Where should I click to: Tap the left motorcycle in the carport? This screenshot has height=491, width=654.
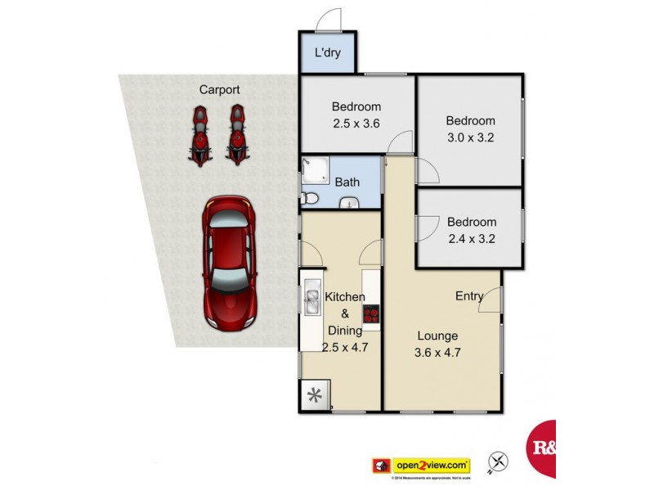[199, 134]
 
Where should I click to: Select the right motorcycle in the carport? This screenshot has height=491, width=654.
[237, 134]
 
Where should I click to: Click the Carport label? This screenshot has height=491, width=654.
[219, 90]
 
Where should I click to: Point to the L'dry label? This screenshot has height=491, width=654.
[328, 54]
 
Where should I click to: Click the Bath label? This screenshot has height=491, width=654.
[348, 182]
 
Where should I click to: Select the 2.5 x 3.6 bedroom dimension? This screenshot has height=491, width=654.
[356, 124]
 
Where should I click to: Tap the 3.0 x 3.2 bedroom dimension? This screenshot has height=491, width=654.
[471, 138]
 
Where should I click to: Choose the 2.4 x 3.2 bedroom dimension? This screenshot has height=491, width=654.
[471, 240]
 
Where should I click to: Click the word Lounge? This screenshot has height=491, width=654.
[437, 336]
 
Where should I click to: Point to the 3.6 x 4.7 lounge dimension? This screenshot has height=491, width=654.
[437, 354]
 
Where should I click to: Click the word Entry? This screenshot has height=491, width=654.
[470, 296]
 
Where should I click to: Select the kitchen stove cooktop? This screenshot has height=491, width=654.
[371, 313]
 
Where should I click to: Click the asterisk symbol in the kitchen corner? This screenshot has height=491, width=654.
[314, 396]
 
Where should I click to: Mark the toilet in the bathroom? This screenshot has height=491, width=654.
[309, 197]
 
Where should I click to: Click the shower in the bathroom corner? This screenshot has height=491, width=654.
[312, 169]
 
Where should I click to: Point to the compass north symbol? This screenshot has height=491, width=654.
[497, 462]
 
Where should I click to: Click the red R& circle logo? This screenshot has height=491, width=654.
[542, 448]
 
